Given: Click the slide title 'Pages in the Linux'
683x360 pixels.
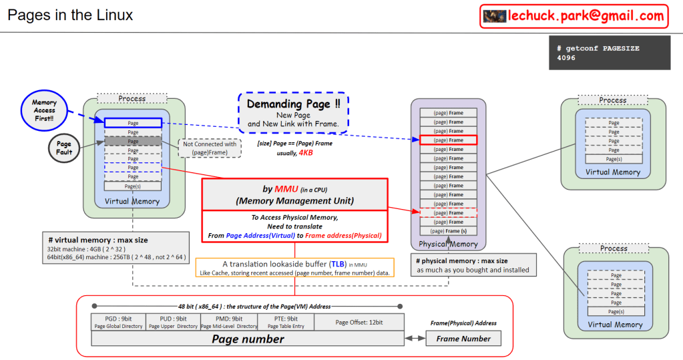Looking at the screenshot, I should [70, 15].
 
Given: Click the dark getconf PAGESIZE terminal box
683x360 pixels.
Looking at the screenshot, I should [609, 53].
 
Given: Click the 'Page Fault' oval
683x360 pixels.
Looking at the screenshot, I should [64, 148].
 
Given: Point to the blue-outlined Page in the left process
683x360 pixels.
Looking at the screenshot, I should [133, 123].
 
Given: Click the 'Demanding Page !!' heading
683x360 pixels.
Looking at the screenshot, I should [293, 104].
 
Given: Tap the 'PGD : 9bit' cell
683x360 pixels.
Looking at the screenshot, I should [118, 319].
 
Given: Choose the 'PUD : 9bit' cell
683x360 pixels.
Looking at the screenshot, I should [173, 319].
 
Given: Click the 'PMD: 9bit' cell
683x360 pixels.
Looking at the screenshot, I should [228, 319].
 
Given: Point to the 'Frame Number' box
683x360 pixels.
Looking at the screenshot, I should [463, 339].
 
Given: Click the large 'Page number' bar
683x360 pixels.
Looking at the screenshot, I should [248, 339].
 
